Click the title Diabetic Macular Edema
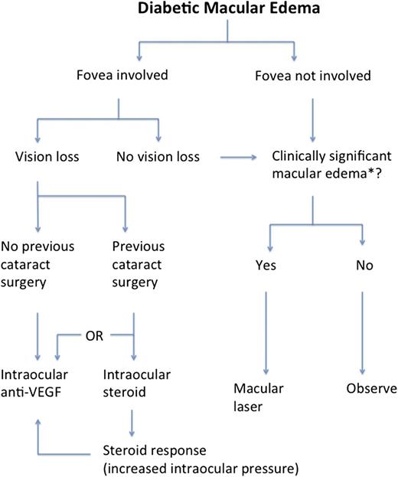[x=226, y=11]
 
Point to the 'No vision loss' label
[x=158, y=157]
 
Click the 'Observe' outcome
[x=371, y=389]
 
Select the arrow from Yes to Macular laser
[x=264, y=329]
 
